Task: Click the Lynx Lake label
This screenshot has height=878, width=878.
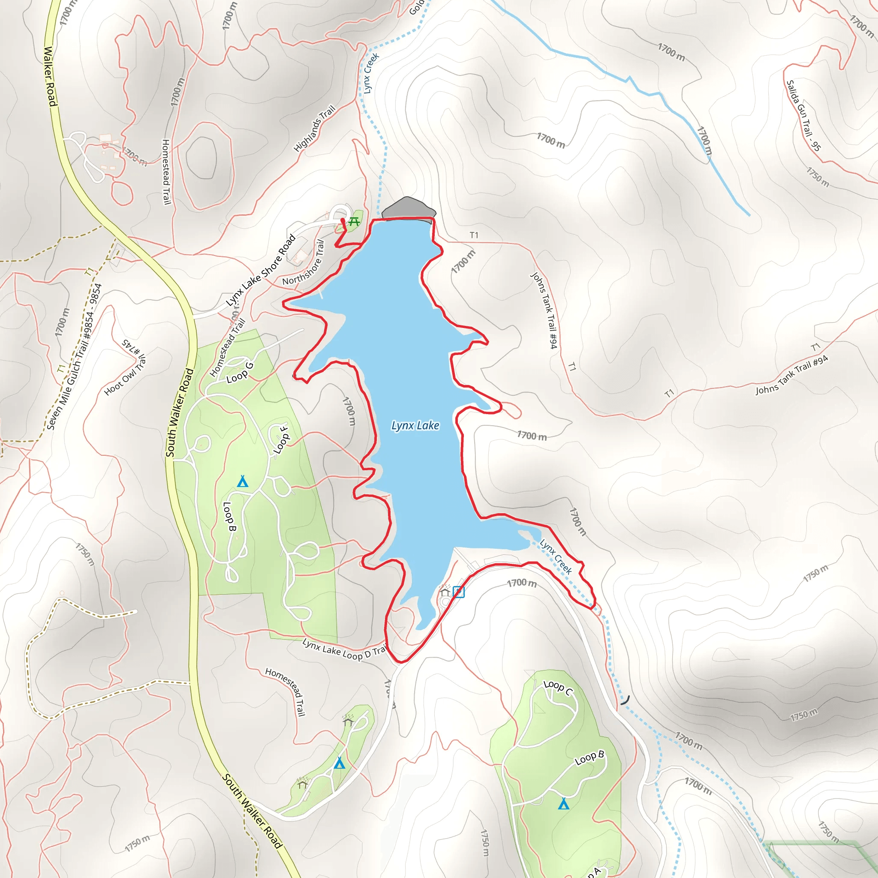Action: tap(415, 425)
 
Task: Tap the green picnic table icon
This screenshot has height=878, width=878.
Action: tap(354, 222)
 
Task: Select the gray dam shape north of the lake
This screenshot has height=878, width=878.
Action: tap(408, 208)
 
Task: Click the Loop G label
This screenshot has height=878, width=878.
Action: tap(240, 372)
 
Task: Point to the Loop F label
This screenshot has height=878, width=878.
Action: tap(281, 439)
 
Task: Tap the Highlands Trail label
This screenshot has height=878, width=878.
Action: tap(315, 129)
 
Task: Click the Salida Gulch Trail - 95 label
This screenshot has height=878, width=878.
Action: tap(803, 115)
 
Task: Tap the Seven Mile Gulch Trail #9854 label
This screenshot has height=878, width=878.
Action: tap(74, 357)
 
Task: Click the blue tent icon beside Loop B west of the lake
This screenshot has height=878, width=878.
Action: tap(243, 481)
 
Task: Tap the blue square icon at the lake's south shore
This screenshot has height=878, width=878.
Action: tap(459, 592)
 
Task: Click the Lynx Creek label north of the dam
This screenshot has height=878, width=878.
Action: tap(371, 73)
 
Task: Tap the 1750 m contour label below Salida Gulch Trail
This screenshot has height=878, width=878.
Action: tap(818, 177)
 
